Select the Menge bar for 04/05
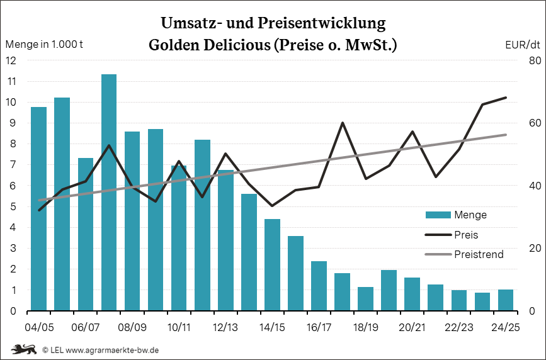[x=39, y=208]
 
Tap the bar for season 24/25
[x=506, y=300]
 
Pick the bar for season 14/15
[x=272, y=264]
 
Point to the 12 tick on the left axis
[x=11, y=61]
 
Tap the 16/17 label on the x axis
[x=319, y=327]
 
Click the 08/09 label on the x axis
[x=132, y=327]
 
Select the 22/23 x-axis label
[x=459, y=327]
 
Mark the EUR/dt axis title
[x=523, y=45]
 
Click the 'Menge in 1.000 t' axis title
[x=44, y=45]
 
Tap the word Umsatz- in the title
[x=189, y=24]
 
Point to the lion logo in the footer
[x=23, y=349]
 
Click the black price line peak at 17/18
[x=342, y=123]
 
